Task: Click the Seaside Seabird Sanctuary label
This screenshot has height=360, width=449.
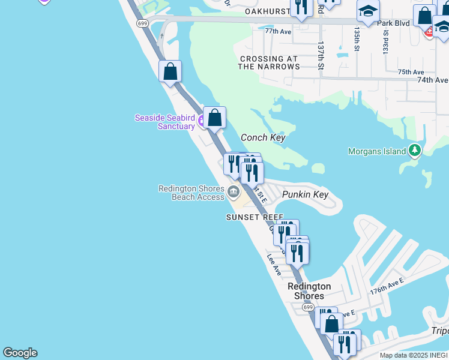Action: pos(165,122)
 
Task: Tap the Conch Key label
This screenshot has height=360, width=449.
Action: pos(262,137)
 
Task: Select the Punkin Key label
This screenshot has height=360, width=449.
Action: pos(305,194)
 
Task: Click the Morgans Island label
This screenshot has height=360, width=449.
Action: pos(377,151)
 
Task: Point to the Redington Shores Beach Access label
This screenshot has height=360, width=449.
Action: pos(191,192)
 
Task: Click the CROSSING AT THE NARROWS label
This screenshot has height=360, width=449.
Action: pos(268,62)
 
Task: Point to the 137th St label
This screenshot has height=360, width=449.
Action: pos(321,55)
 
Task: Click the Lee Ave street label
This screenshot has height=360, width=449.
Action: pos(274,264)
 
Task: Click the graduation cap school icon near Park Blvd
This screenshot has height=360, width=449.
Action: pos(368,11)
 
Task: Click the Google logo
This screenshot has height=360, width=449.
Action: pos(20,353)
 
